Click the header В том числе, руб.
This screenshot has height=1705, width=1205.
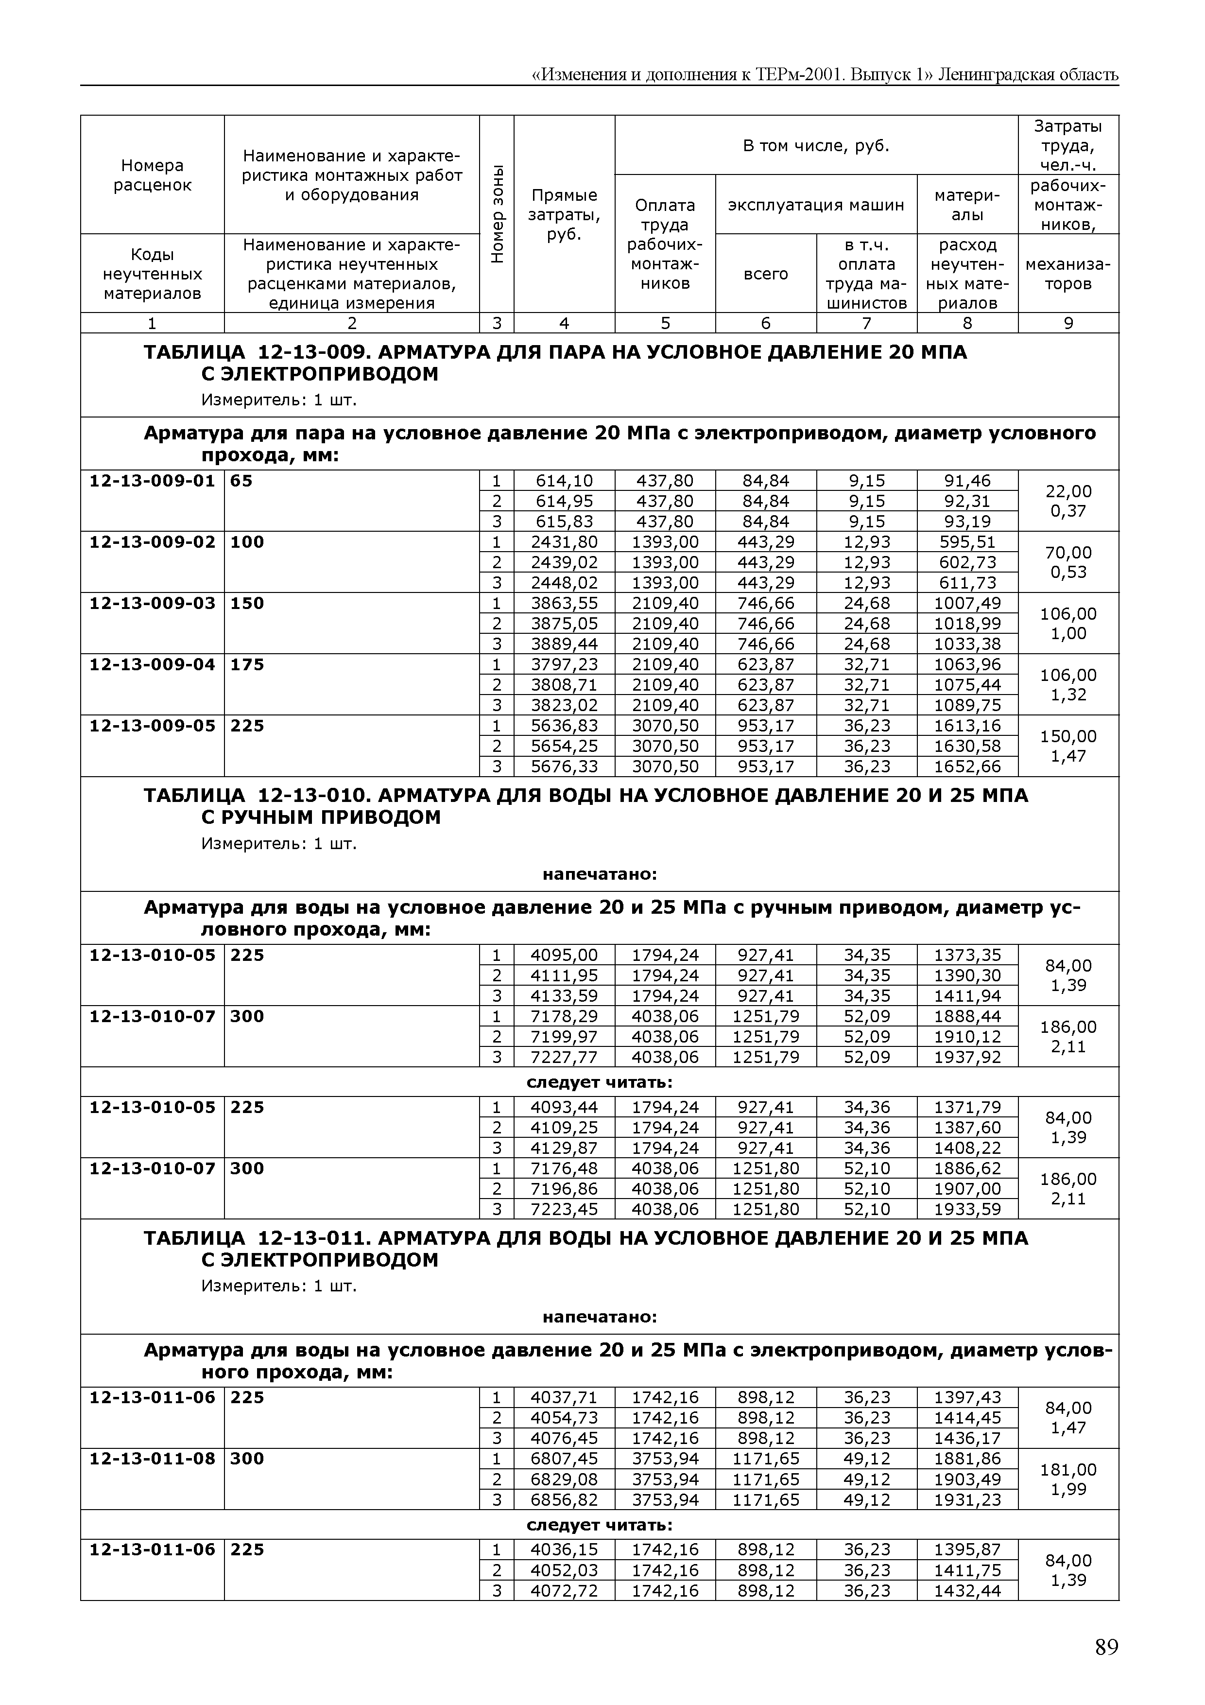pos(816,145)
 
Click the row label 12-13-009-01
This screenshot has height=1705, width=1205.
pos(152,481)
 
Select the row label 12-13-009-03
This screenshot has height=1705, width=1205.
pos(152,603)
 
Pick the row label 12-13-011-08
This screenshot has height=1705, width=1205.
pos(152,1459)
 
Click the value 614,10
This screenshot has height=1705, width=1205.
pos(564,481)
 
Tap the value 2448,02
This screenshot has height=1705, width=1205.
pos(564,583)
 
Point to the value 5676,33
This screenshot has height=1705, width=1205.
pos(564,766)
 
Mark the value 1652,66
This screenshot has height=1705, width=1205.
pos(967,766)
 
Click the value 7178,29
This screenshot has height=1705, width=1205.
pos(564,1016)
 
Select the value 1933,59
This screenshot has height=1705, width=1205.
pos(967,1209)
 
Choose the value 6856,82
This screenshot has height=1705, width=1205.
pos(564,1499)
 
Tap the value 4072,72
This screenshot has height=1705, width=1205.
pos(564,1591)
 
